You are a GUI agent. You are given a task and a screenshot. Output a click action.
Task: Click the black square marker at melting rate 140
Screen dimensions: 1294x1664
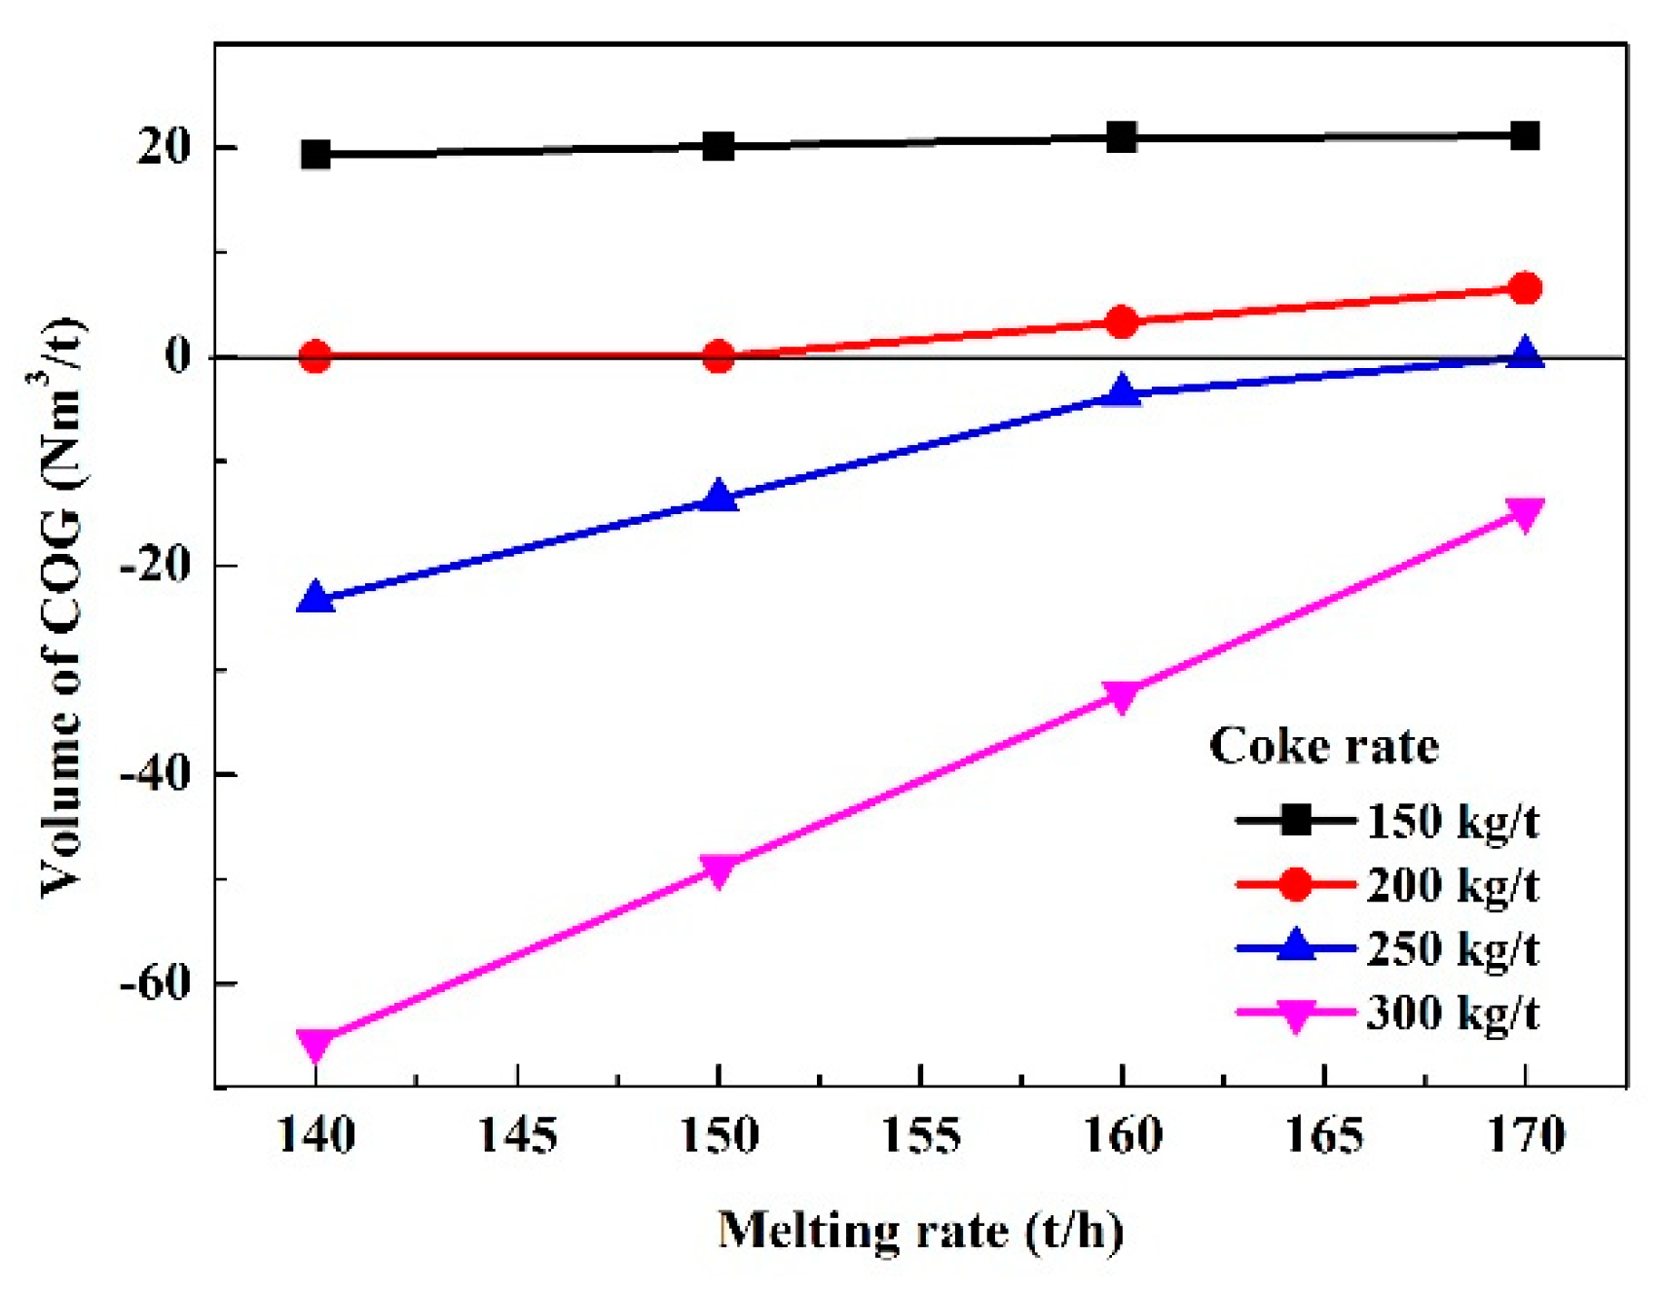tap(315, 154)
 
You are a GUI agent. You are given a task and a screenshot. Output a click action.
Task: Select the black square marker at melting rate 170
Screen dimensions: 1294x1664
tap(1525, 135)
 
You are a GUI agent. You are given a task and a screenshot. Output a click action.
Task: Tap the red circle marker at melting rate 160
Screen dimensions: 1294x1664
tap(1122, 321)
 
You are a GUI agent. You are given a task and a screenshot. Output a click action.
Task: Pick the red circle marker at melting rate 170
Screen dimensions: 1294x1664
tap(1525, 288)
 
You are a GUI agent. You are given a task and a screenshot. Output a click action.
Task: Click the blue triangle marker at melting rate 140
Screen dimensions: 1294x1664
tap(315, 598)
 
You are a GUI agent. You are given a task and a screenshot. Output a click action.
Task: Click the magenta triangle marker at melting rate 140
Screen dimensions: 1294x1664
tap(315, 1044)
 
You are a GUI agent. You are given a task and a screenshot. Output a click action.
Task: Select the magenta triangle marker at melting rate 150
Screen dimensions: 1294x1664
tap(719, 869)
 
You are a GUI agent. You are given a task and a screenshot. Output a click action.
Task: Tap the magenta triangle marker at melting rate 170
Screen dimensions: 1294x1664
tap(1525, 513)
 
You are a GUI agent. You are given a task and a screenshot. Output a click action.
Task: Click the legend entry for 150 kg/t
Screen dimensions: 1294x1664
tap(1452, 822)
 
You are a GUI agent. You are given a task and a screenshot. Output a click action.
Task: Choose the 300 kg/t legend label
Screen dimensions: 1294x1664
tap(1452, 1013)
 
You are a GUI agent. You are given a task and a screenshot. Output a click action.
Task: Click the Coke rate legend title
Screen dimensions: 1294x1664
tap(1323, 747)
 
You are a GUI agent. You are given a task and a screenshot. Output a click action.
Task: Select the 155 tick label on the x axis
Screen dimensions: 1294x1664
tap(920, 1136)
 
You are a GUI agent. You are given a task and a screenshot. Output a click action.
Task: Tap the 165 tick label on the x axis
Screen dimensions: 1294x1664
tap(1323, 1136)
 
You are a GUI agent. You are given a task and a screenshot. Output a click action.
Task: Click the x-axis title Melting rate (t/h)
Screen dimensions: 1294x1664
tap(920, 1231)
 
